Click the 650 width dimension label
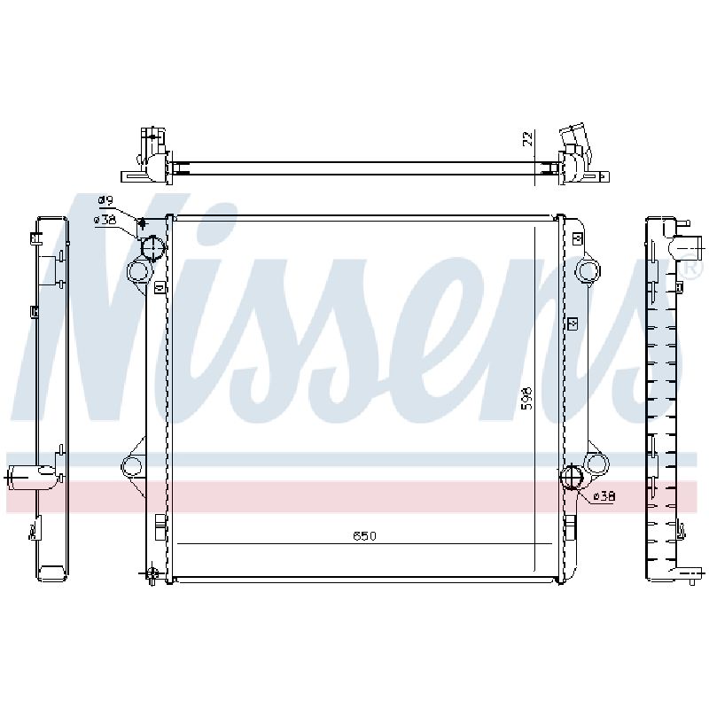click(x=364, y=536)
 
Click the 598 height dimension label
click(x=526, y=398)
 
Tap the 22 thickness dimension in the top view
click(x=527, y=138)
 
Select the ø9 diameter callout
click(x=106, y=200)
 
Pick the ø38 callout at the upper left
click(x=105, y=220)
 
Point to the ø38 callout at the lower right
click(x=604, y=496)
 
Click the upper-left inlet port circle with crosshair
click(x=152, y=248)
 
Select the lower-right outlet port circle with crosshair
click(x=572, y=477)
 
